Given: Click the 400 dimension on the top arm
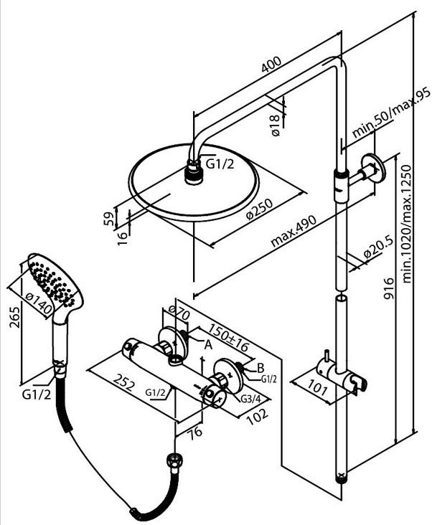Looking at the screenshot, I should [x=271, y=67].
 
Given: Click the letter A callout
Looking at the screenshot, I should [x=207, y=344].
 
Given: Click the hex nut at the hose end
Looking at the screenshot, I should [x=172, y=460].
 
